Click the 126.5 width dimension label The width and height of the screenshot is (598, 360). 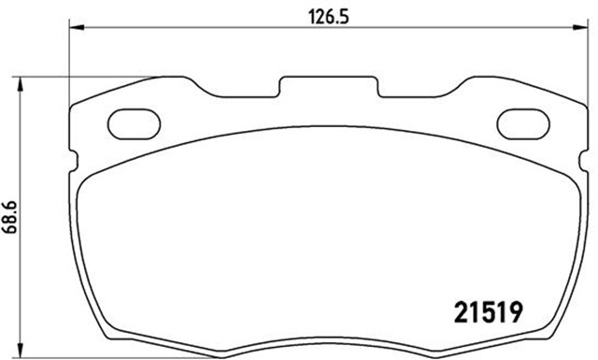329,17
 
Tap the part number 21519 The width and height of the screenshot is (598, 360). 489,312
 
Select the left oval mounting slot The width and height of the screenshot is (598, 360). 135,124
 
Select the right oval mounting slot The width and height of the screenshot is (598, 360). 523,124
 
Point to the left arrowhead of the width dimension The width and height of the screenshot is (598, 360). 76,27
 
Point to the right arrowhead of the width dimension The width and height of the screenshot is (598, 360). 580,27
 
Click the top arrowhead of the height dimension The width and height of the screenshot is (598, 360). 21,84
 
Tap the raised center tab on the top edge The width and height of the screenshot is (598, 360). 328,86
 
